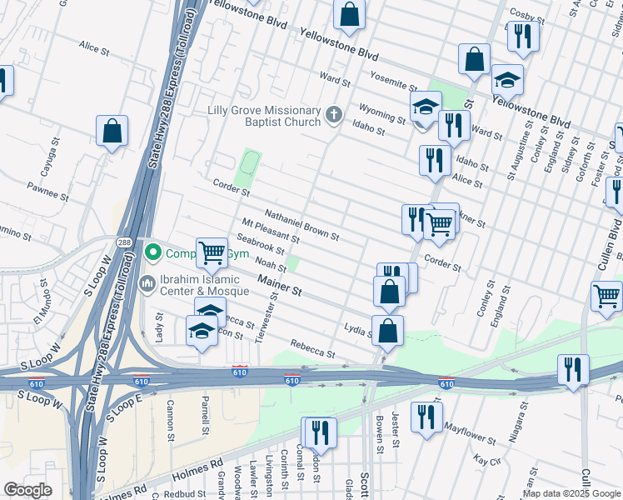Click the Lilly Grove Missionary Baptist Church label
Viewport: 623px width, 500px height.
coord(265,117)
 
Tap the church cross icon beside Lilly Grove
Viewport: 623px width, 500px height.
coord(334,115)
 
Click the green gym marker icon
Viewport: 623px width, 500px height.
coord(152,252)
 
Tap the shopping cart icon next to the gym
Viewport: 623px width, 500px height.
coord(212,252)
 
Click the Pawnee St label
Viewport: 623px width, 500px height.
coord(47,190)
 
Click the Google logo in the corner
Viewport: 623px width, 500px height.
coord(28,490)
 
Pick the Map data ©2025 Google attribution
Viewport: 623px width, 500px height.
coord(571,493)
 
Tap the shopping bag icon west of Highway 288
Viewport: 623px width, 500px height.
coord(112,131)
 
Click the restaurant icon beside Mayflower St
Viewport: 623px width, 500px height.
coord(426,417)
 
